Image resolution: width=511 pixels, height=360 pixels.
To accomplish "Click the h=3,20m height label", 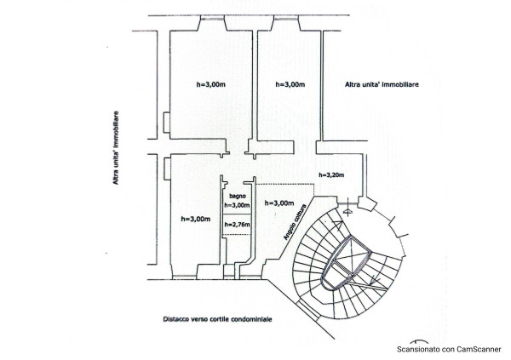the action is coord(331,175).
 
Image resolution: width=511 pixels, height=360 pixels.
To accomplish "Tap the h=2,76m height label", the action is coord(238,225).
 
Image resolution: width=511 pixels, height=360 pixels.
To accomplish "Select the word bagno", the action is coord(238,196).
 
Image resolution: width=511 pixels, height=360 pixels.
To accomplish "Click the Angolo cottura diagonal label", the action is coord(296,222).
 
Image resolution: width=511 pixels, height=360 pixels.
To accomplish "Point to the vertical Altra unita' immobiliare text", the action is coord(116,148).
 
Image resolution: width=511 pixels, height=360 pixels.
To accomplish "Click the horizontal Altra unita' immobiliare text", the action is coord(382,84).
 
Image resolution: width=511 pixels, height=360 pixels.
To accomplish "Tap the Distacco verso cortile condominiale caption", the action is coord(217,319).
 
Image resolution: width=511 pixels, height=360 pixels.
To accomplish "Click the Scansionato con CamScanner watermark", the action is coord(449,349).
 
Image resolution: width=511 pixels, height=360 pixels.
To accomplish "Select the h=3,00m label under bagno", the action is coord(238,205).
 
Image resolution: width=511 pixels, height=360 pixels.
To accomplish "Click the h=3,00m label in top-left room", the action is coord(211,84).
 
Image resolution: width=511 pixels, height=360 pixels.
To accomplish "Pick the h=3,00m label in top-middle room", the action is coord(290,84).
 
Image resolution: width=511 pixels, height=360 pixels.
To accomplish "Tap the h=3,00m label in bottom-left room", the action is coord(196,219).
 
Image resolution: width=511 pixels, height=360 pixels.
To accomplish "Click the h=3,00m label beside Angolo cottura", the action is coord(279,203).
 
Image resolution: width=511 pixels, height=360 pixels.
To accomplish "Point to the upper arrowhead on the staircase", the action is coord(339,222).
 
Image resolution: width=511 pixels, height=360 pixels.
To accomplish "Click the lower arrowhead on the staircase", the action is coord(374,279).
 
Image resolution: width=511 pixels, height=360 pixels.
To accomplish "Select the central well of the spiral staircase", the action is coord(347,263).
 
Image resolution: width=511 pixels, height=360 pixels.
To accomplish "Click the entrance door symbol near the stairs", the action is coord(348,212).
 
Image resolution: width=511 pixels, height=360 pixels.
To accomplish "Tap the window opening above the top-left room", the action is coord(213,19).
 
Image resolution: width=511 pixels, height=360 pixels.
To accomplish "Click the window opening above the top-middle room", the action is coord(286,19).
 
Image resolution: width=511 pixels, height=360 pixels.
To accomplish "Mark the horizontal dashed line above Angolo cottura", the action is coord(285,185).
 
